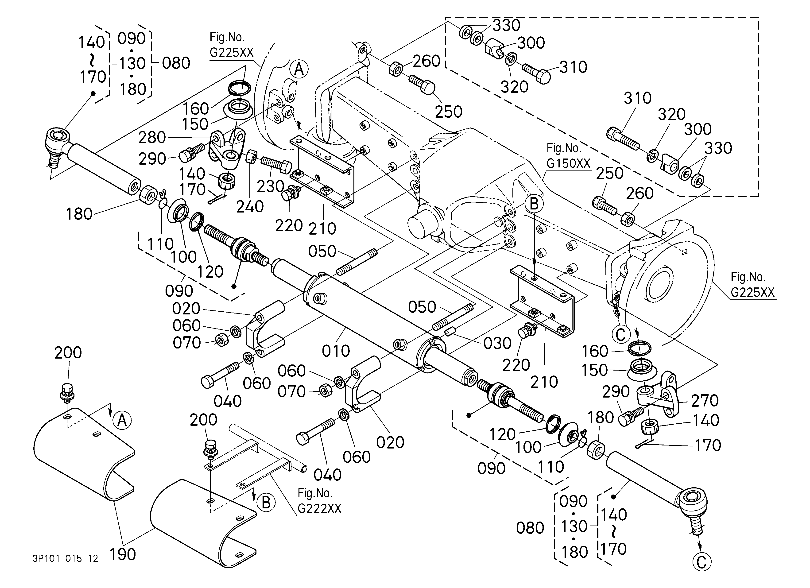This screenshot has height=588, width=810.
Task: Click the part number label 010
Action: tap(336, 351)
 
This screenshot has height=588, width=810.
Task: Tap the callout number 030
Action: tap(497, 343)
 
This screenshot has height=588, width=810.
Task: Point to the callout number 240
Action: tap(250, 206)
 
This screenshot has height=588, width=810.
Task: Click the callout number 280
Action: tap(152, 137)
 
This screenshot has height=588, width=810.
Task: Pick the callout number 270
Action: tap(705, 401)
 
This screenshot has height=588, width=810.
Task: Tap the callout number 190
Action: tap(123, 554)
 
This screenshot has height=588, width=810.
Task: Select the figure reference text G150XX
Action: tap(568, 163)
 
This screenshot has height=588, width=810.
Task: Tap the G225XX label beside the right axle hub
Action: tap(752, 292)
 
